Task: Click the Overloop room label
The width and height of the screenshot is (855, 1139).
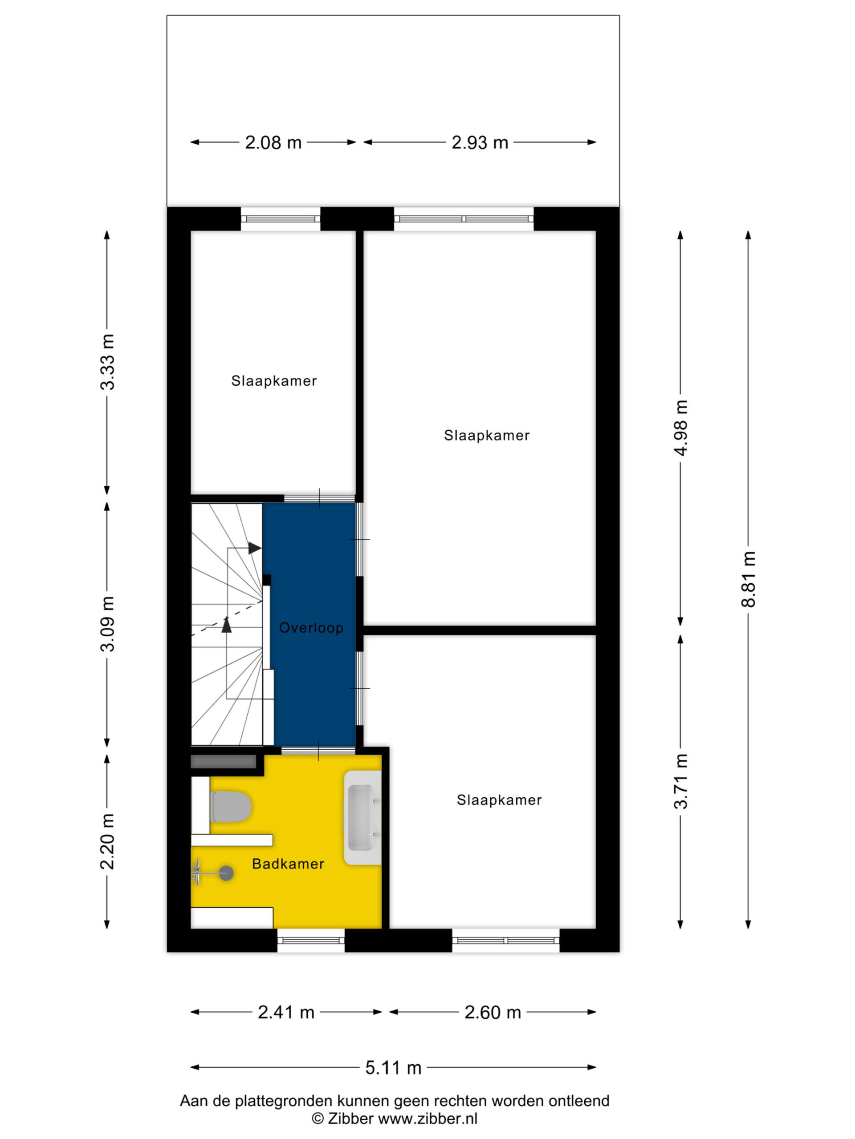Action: click(x=311, y=628)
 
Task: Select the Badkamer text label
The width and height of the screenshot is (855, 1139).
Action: click(x=288, y=864)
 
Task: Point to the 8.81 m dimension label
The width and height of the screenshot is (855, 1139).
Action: click(x=748, y=579)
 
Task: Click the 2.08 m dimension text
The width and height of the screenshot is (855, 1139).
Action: click(x=273, y=143)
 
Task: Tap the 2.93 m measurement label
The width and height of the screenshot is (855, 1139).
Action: click(x=479, y=143)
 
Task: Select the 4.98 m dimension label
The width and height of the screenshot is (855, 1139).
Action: click(x=681, y=428)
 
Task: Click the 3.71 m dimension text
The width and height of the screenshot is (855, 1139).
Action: click(x=681, y=781)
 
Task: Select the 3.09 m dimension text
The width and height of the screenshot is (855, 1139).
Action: click(x=107, y=624)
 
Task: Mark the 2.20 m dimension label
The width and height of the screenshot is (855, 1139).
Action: click(x=107, y=841)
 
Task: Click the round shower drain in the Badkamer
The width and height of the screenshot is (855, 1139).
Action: click(x=226, y=873)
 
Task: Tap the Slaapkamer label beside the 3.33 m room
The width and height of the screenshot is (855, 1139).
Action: click(x=274, y=380)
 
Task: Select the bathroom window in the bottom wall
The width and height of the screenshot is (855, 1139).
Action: click(x=311, y=940)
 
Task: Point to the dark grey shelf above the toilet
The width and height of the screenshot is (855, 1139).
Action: click(x=224, y=761)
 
